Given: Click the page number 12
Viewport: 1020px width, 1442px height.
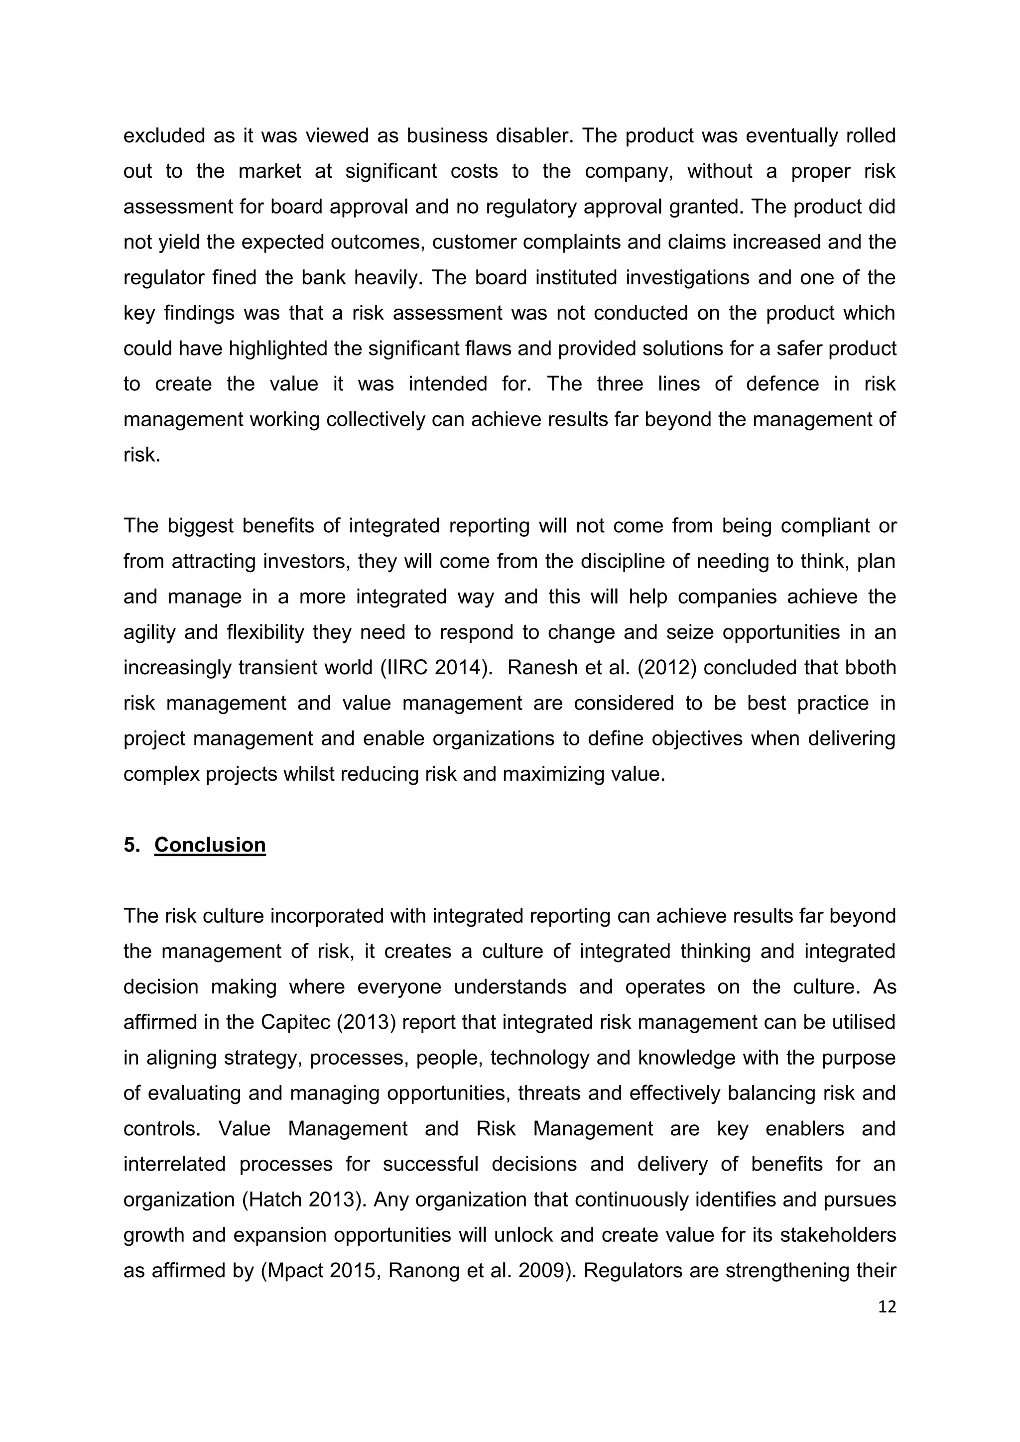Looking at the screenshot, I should (x=887, y=1307).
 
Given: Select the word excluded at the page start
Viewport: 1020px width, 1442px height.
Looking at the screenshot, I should (x=164, y=135).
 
